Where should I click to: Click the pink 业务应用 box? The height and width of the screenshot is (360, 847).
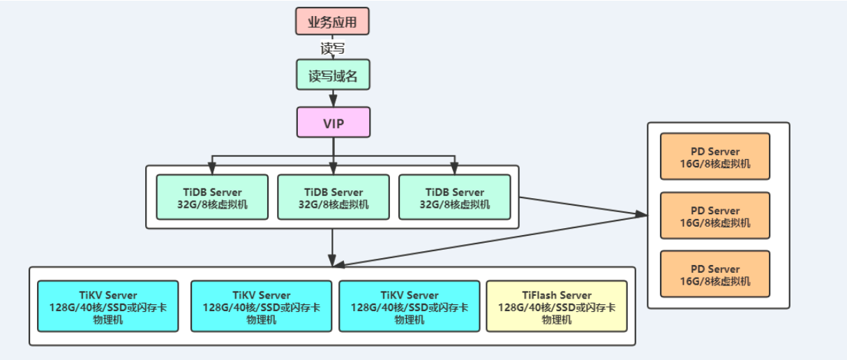332,22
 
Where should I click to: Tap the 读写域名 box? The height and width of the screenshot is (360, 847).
333,75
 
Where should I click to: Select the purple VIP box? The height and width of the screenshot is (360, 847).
333,123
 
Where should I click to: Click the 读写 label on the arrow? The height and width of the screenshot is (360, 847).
333,49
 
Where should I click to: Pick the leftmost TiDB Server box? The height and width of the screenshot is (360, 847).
212,197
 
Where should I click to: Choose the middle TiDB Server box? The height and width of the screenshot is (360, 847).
333,197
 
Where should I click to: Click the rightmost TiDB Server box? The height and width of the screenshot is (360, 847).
454,197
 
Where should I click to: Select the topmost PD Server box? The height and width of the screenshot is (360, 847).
714,157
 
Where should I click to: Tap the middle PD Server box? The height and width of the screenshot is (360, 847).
714,216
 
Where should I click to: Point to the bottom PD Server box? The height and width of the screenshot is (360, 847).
714,275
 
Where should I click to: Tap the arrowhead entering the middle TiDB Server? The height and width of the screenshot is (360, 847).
333,169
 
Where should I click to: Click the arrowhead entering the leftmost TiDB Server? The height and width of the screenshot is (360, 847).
212,169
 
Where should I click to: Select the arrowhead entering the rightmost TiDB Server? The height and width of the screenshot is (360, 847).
454,169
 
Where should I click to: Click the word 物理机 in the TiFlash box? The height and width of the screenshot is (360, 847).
557,320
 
